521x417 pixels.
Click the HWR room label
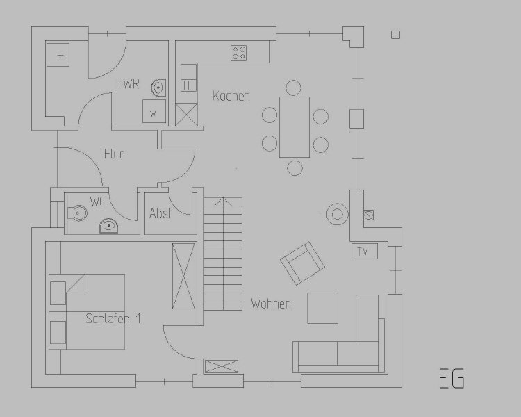pyautogui.click(x=128, y=83)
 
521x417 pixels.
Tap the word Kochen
pyautogui.click(x=231, y=96)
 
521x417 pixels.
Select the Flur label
pyautogui.click(x=115, y=154)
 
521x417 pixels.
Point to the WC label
pyautogui.click(x=98, y=202)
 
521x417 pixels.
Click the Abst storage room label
pyautogui.click(x=160, y=213)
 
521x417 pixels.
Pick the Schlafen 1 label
pyautogui.click(x=113, y=318)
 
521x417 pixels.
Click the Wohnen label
pyautogui.click(x=271, y=304)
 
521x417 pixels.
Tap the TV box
pyautogui.click(x=365, y=252)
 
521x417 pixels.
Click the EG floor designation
pyautogui.click(x=452, y=378)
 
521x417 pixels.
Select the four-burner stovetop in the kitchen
pyautogui.click(x=239, y=54)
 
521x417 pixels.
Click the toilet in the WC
pyautogui.click(x=77, y=213)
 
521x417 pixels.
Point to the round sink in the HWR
pyautogui.click(x=159, y=88)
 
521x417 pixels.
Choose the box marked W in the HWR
pyautogui.click(x=154, y=111)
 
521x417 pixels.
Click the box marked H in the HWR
pyautogui.click(x=58, y=55)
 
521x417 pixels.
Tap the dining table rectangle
pyautogui.click(x=295, y=127)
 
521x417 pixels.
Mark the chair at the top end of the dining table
pyautogui.click(x=293, y=88)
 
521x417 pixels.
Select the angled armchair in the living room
pyautogui.click(x=302, y=263)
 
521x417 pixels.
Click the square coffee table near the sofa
pyautogui.click(x=322, y=309)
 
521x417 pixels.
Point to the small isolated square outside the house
pyautogui.click(x=395, y=35)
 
